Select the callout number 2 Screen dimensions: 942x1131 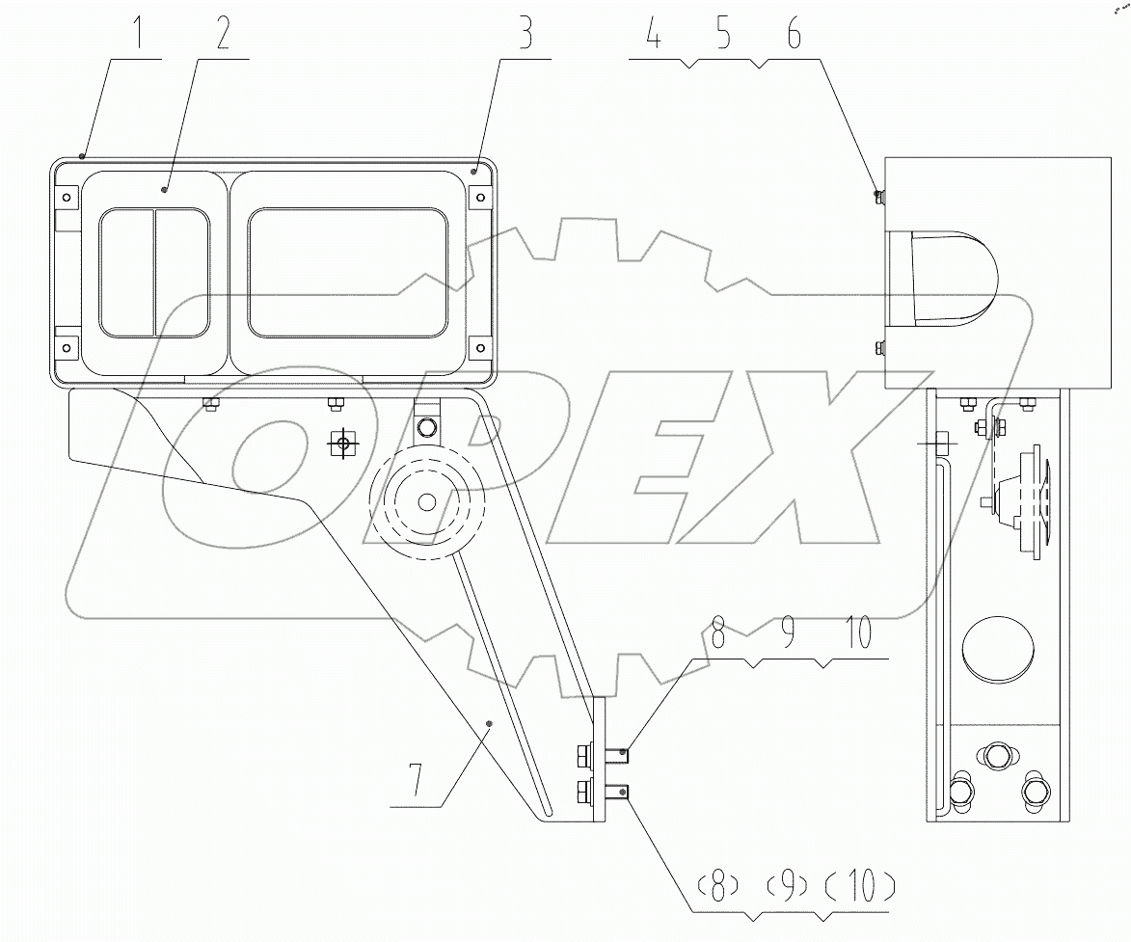click(223, 35)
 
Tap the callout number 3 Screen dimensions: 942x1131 click(525, 35)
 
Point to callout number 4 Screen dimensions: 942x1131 click(653, 36)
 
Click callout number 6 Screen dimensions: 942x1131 click(793, 36)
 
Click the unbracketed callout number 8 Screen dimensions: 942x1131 click(716, 634)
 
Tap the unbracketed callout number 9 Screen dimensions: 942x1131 click(787, 634)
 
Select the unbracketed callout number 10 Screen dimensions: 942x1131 click(858, 634)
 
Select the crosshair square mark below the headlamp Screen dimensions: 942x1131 click(340, 444)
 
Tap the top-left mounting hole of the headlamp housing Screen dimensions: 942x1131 click(66, 198)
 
